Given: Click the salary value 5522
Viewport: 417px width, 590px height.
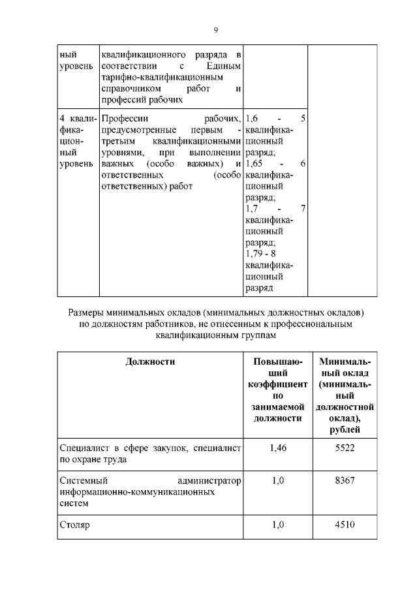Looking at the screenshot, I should [345, 448].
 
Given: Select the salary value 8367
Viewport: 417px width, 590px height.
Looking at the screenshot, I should [345, 481].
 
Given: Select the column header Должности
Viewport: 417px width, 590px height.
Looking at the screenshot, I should [150, 362].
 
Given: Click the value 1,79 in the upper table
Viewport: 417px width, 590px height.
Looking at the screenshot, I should [255, 253].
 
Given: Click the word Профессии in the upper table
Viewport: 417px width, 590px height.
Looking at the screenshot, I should [125, 117].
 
